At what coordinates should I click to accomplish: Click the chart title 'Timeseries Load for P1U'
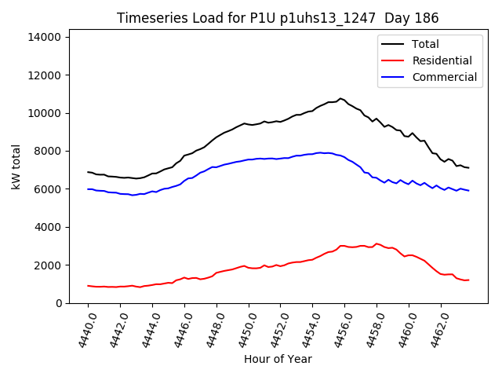(x=204, y=18)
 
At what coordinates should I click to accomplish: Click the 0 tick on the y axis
(x=59, y=303)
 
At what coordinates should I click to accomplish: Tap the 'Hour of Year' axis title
(x=278, y=359)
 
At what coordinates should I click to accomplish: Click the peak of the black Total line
(x=340, y=98)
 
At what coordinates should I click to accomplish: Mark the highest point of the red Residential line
(x=376, y=243)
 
